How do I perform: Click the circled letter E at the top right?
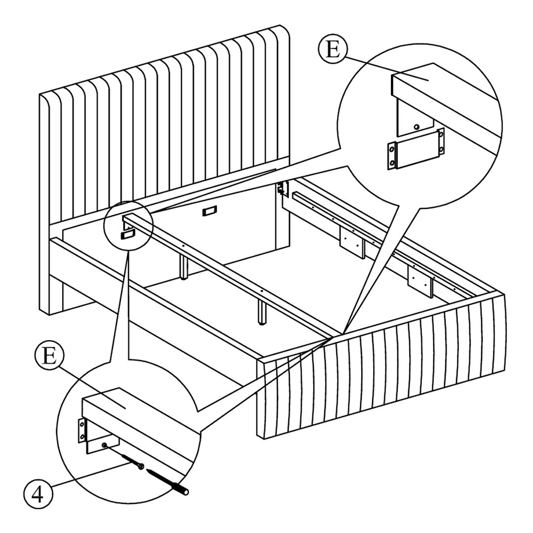point(333,50)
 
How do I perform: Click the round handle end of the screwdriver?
point(185,492)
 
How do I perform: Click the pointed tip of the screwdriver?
point(147,471)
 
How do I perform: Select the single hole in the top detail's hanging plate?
point(416,127)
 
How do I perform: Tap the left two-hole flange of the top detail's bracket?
point(391,155)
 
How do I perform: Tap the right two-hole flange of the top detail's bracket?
point(441,142)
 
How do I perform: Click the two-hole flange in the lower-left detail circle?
point(81,430)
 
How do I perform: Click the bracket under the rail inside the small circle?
point(128,234)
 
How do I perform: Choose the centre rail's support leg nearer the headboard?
point(184,266)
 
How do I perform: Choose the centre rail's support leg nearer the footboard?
point(262,312)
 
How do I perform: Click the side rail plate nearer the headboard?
point(352,242)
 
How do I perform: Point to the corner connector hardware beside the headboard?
point(283,189)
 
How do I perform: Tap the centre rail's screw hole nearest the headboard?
point(183,245)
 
